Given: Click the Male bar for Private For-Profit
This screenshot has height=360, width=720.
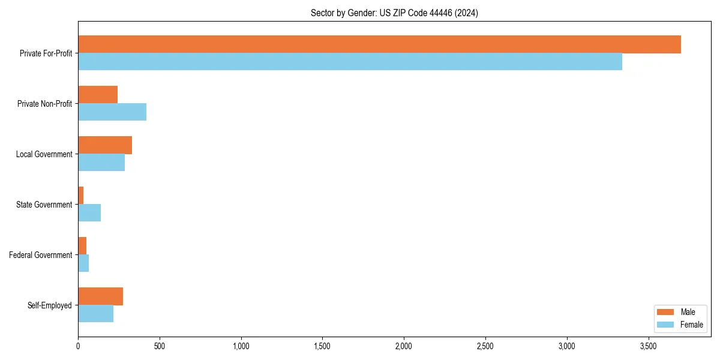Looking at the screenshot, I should [379, 44].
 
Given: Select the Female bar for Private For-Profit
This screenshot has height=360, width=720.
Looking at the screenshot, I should [350, 62].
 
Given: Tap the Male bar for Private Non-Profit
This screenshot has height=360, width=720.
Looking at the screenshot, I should [98, 95].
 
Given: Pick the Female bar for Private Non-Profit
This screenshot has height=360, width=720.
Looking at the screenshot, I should [112, 112].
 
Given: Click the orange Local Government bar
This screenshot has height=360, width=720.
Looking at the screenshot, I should [105, 145].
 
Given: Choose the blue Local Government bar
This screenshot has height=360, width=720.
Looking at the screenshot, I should [101, 163].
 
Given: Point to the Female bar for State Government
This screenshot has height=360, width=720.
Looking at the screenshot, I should [89, 213].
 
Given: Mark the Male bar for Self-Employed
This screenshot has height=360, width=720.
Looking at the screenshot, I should [100, 296].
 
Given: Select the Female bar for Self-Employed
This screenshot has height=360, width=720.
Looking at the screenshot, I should [95, 314].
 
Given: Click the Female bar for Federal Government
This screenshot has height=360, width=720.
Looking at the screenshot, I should [83, 263].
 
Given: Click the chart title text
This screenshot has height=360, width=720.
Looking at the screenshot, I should [394, 13].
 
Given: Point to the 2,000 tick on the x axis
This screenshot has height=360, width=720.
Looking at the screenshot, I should [404, 346].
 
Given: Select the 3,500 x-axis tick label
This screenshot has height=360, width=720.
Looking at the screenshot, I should [648, 346].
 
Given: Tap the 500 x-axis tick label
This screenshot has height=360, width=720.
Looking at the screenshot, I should [159, 346].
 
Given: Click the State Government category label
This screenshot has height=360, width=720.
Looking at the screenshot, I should [44, 205].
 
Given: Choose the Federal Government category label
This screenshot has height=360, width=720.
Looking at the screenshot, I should [41, 255].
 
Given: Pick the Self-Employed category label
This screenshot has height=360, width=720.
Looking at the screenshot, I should [50, 305].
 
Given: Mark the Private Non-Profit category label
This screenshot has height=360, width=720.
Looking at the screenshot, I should [44, 104].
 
